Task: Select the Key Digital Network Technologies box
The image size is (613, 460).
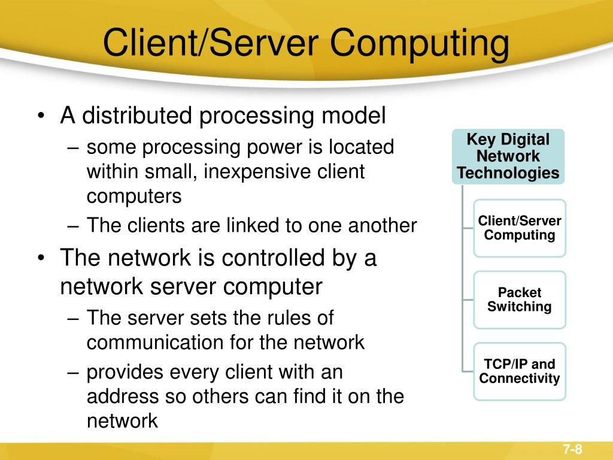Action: [508, 157]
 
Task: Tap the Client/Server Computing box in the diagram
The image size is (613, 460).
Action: [520, 228]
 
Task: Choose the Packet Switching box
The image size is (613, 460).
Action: [520, 299]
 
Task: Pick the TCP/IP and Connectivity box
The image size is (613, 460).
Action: [520, 371]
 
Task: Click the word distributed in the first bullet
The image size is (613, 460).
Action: [137, 115]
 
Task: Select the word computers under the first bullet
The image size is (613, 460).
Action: [133, 196]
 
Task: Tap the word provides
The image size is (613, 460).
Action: [124, 373]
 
